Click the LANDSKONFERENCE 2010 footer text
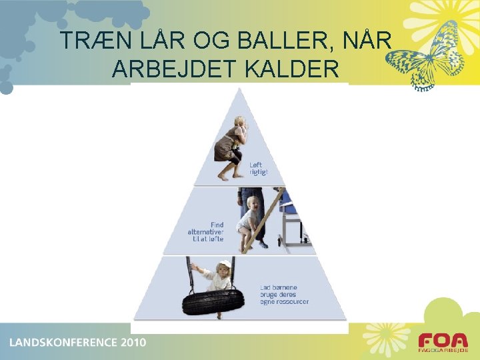77,343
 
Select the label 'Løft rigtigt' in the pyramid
257,168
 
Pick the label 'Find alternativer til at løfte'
206,232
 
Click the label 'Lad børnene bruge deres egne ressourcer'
284,295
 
